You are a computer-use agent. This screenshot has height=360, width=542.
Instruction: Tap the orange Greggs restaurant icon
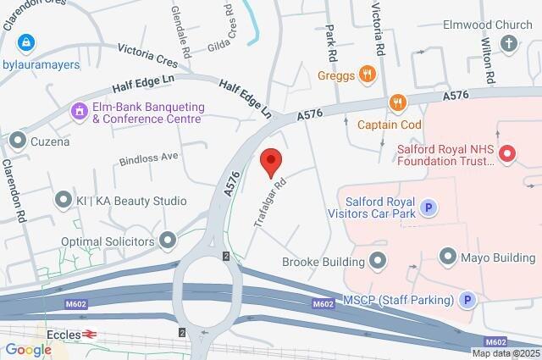(367, 74)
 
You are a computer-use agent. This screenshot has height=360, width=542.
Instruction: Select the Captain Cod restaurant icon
(397, 102)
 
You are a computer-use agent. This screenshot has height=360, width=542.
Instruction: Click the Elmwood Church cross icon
(509, 45)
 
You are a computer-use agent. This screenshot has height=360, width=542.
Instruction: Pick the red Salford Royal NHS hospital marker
(507, 153)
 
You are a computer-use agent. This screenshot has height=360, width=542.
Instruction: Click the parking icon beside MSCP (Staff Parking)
(466, 299)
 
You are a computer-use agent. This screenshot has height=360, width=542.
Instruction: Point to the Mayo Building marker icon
(448, 255)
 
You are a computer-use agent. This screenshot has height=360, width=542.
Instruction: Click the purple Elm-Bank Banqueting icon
(79, 110)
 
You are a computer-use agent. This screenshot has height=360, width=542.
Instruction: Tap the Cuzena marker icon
(17, 139)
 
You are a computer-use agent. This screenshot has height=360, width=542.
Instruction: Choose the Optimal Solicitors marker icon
(169, 241)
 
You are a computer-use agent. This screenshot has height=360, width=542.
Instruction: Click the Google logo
(28, 349)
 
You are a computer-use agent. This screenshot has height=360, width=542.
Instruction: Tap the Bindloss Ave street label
(149, 157)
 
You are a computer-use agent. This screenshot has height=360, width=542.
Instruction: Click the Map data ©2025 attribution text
(505, 353)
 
